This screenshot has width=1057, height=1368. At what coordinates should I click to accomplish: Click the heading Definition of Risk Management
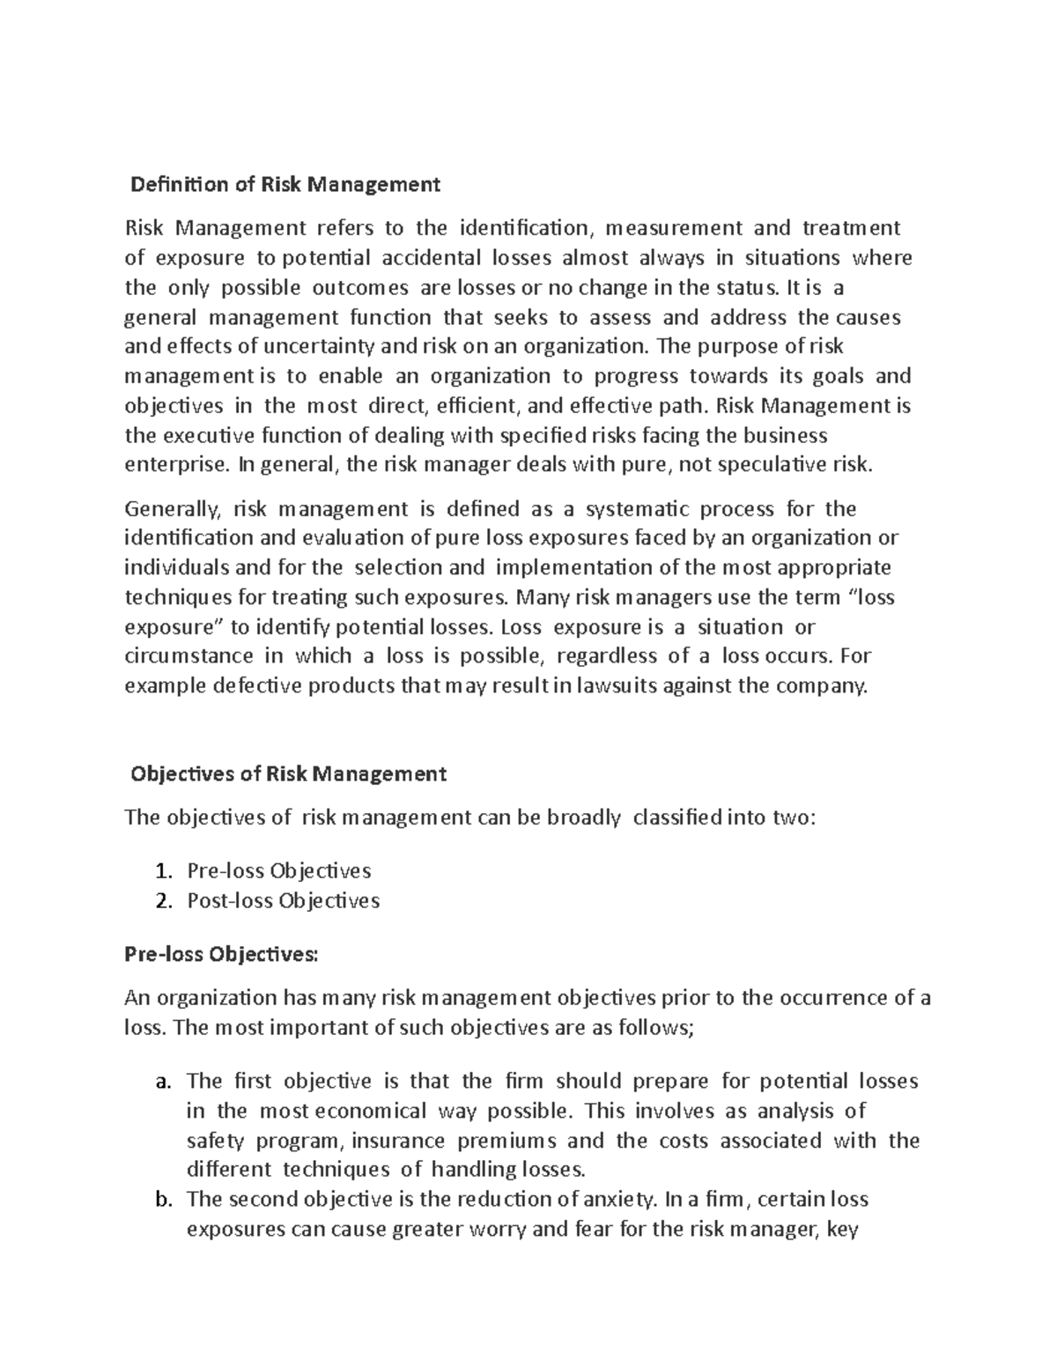pos(285,185)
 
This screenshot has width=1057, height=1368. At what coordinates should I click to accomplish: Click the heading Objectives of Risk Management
pos(288,774)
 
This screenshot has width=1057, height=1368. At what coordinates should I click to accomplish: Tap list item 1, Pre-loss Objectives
pos(278,871)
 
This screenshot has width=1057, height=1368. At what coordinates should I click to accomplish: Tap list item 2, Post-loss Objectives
pos(283,901)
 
